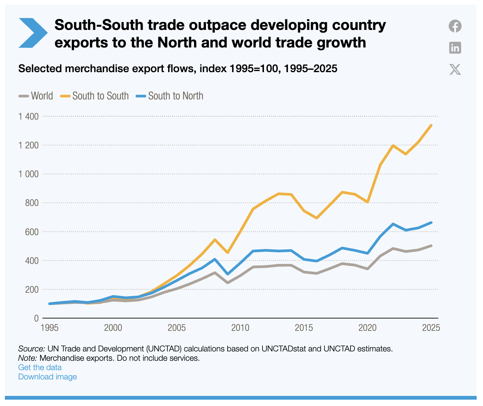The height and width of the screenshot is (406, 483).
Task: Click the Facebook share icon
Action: pyautogui.click(x=455, y=26)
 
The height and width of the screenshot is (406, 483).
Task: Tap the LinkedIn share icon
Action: pyautogui.click(x=455, y=48)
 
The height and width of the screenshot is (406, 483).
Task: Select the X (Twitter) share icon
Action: pyautogui.click(x=455, y=70)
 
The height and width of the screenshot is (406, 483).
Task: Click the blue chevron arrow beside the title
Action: pyautogui.click(x=33, y=33)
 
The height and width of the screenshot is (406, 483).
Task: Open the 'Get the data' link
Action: pyautogui.click(x=40, y=367)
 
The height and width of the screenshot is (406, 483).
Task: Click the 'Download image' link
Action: pyautogui.click(x=48, y=376)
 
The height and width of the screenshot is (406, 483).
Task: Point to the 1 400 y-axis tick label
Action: pyautogui.click(x=28, y=116)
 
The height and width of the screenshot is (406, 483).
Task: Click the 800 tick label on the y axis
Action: pyautogui.click(x=31, y=203)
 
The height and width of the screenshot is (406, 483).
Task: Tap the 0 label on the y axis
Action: pyautogui.click(x=36, y=318)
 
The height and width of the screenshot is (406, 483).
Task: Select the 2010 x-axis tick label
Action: pyautogui.click(x=240, y=328)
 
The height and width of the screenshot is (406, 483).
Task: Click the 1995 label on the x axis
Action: pyautogui.click(x=49, y=328)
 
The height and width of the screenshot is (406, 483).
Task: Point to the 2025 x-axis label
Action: pyautogui.click(x=431, y=328)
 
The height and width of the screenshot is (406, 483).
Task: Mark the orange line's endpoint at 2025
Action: pyautogui.click(x=431, y=125)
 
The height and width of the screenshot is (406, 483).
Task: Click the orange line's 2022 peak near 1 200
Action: pyautogui.click(x=393, y=145)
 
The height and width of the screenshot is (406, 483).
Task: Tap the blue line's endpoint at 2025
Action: pyautogui.click(x=431, y=222)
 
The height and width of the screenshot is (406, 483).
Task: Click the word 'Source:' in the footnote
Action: pyautogui.click(x=31, y=349)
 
